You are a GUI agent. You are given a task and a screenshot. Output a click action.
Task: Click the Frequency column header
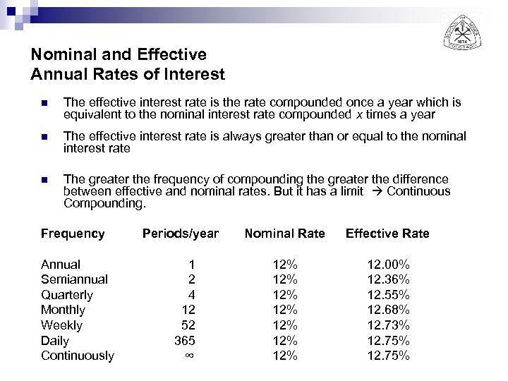pos(73,234)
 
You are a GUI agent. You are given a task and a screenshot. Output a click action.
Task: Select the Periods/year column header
pos(181,234)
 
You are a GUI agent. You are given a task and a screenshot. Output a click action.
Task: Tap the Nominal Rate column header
pos(284,234)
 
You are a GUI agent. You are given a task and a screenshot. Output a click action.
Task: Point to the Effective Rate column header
pos(387,234)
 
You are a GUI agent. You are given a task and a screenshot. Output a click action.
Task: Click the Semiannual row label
pos(74,279)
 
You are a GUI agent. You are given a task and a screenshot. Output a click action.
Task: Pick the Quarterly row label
pos(67,295)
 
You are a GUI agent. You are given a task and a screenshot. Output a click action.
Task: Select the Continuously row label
pos(78,356)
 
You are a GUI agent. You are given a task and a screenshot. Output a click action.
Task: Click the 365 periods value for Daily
pos(184,340)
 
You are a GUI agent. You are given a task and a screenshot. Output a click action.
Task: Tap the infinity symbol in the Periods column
pos(188,356)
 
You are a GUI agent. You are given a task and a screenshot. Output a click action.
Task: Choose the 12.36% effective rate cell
pos(388,279)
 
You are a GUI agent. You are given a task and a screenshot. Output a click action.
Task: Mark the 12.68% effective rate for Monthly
pos(388,310)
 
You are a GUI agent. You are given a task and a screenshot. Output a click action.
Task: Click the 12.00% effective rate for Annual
pos(388,265)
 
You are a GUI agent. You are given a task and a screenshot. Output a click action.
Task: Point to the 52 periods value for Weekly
pos(187,325)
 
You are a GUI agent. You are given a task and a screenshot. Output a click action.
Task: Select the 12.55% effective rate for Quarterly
pos(388,295)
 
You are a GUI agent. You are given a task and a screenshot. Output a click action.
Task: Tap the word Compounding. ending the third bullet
pos(104,204)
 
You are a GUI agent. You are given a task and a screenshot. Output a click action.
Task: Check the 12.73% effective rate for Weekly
pos(388,325)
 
